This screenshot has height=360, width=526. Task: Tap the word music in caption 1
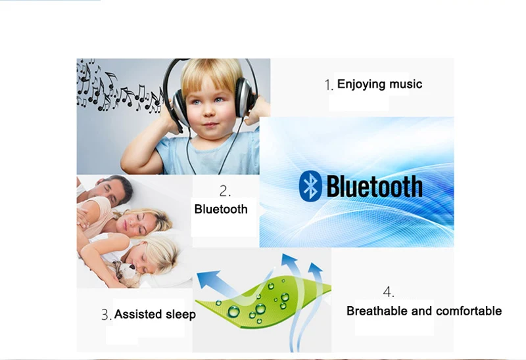tap(406, 84)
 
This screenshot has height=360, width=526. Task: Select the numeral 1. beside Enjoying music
tap(329, 85)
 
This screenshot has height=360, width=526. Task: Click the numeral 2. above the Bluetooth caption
tap(225, 191)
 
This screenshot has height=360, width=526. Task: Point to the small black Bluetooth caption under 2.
tap(221, 209)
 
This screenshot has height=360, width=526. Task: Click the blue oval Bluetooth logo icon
tap(310, 186)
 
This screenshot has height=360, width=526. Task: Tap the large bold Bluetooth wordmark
tap(374, 187)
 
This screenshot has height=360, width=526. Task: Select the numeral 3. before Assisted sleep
tap(107, 315)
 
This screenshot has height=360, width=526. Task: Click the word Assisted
tap(138, 315)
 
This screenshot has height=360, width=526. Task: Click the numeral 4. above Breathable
tap(389, 292)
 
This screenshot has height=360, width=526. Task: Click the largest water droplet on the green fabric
tap(234, 311)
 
